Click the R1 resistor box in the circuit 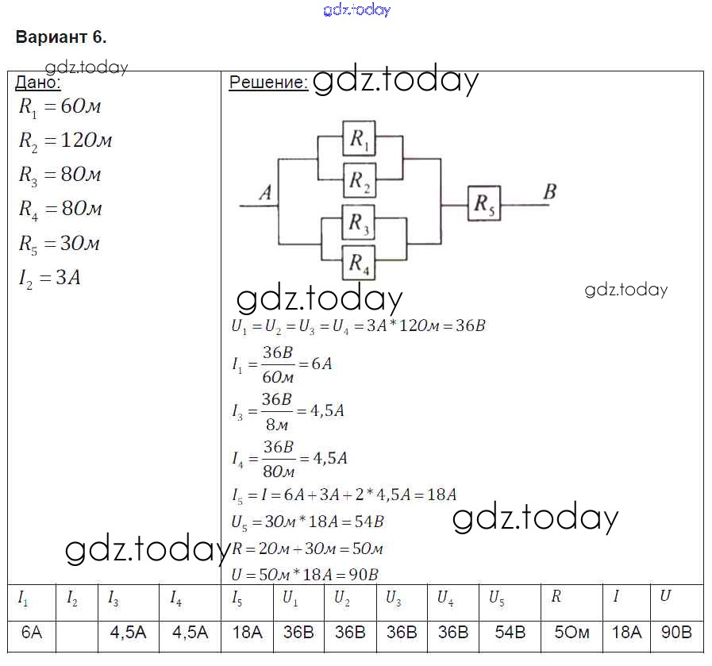360,141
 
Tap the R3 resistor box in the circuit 360,223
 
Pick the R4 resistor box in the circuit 360,262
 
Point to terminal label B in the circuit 549,191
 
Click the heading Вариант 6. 61,37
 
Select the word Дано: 38,83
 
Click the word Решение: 267,83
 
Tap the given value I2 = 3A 50,279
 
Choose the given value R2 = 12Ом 65,141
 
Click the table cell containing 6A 31,633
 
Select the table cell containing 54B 510,633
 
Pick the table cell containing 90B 676,633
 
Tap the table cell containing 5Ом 572,633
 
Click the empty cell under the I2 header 77,633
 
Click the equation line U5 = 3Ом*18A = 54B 307,522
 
